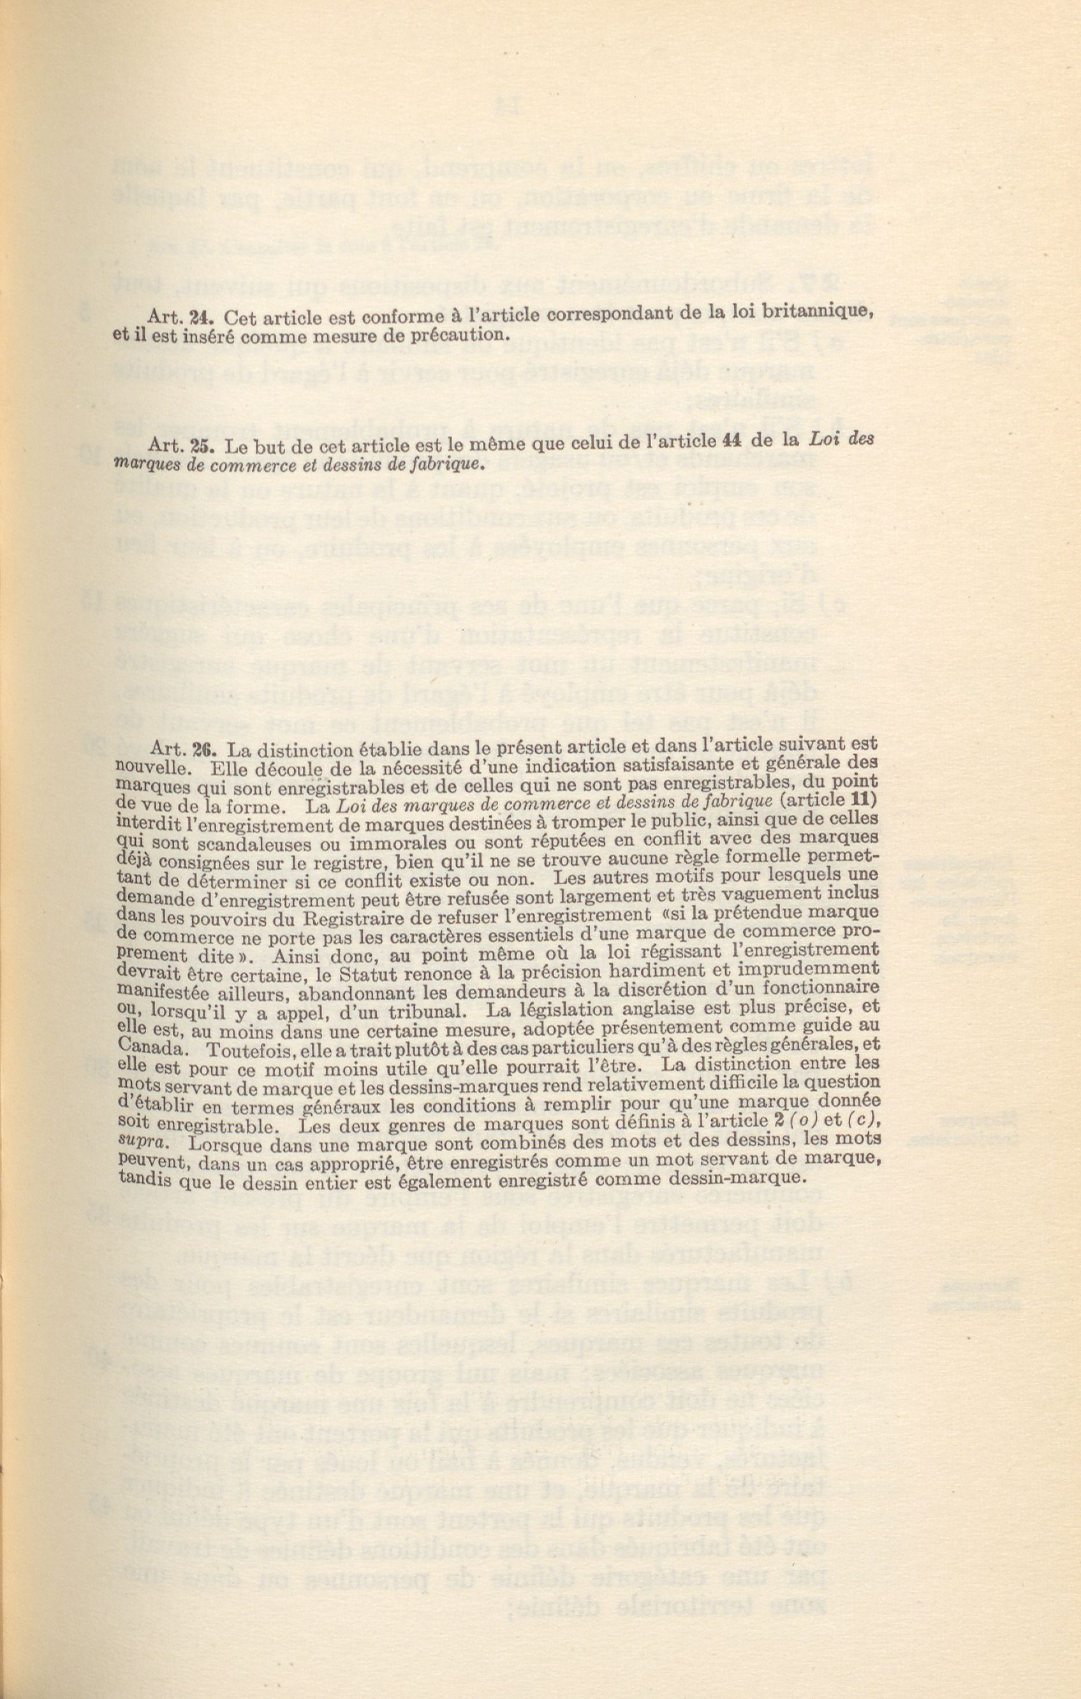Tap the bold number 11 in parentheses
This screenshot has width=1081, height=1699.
[864, 799]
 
